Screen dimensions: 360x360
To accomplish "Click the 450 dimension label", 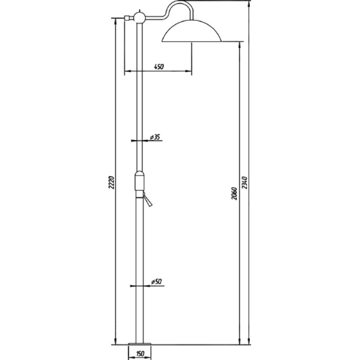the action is pyautogui.click(x=159, y=67).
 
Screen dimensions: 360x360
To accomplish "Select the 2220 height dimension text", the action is pyautogui.click(x=111, y=183).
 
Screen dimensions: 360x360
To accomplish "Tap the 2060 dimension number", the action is pyautogui.click(x=234, y=193).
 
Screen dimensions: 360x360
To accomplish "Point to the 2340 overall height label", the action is pyautogui.click(x=245, y=183).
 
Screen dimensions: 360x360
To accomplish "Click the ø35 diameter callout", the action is pyautogui.click(x=155, y=137).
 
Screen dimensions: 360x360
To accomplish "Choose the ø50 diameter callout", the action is pyautogui.click(x=157, y=282).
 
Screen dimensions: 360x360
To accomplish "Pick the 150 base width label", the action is pyautogui.click(x=139, y=354).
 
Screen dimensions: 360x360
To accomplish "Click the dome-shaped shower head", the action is pyautogui.click(x=192, y=31).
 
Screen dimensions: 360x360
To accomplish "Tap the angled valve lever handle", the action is pyautogui.click(x=147, y=199).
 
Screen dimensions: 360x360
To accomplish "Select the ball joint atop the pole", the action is pyautogui.click(x=139, y=17).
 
